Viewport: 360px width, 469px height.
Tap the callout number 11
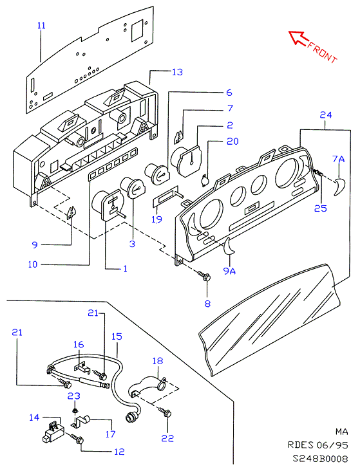pos(41,25)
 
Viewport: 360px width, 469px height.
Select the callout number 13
pos(177,72)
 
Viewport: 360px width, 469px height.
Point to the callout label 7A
pos(339,159)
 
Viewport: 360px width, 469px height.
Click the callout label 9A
pos(230,271)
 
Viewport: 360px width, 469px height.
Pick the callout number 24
pos(326,115)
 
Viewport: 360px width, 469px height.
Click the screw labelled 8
pos(205,276)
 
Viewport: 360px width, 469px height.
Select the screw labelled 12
pos(77,439)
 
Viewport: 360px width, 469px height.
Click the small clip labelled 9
pos(71,212)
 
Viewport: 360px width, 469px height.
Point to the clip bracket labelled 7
pos(179,136)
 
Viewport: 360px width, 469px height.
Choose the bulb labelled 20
pos(205,180)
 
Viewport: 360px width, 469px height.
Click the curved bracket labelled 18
pos(147,388)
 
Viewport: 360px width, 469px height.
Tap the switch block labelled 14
pos(53,430)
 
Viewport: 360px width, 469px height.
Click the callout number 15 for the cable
pos(117,336)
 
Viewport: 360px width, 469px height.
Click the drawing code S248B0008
pos(321,459)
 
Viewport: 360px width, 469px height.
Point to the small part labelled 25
pos(318,172)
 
